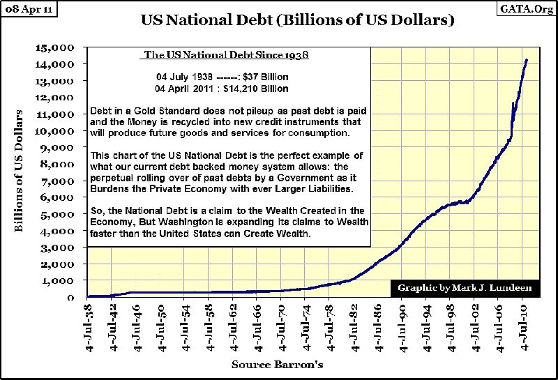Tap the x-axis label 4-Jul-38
[87, 327]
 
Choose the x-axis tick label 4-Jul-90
[402, 327]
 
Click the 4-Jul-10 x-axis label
[522, 327]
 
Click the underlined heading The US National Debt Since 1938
[226, 54]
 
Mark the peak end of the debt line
[526, 61]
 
